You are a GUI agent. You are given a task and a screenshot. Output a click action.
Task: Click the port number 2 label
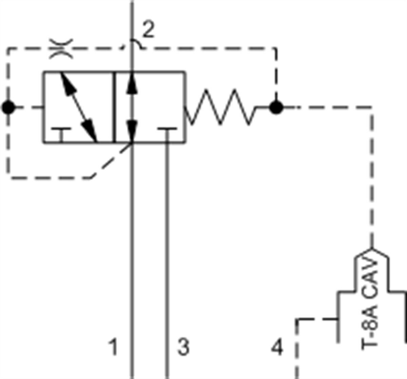(x=149, y=29)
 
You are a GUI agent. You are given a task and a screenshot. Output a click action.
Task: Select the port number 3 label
(x=183, y=347)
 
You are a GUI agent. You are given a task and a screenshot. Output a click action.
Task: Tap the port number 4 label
(x=277, y=347)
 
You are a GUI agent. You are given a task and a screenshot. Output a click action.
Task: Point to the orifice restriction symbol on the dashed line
(x=61, y=49)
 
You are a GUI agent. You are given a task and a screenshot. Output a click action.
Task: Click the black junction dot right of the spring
(x=276, y=107)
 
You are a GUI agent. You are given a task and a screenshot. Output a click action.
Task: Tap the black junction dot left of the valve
(x=8, y=107)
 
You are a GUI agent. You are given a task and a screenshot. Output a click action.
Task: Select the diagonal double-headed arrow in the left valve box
(x=79, y=107)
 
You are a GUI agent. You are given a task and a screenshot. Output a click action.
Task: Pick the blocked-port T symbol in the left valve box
(x=61, y=134)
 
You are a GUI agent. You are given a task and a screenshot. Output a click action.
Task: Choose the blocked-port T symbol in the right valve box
(x=167, y=134)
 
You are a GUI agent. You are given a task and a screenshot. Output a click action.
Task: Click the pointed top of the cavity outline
(x=372, y=249)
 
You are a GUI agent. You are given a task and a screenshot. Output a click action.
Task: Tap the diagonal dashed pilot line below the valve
(x=112, y=160)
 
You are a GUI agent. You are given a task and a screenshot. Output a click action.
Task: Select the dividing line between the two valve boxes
(x=114, y=107)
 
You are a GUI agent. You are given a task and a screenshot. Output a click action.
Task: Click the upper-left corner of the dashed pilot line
(x=8, y=49)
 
